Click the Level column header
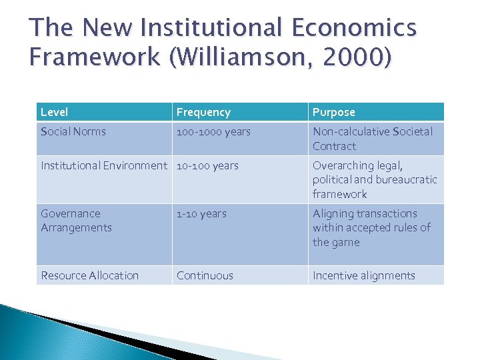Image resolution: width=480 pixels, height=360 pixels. (x=55, y=112)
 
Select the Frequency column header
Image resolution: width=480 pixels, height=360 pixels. (x=203, y=112)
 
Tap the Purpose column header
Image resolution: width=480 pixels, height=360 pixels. (x=334, y=112)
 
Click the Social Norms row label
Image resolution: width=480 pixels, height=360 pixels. (x=73, y=131)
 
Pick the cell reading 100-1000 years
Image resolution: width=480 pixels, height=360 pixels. (x=213, y=131)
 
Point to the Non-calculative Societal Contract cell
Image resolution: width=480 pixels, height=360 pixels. (x=373, y=139)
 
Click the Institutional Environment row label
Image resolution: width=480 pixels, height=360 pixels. (x=104, y=165)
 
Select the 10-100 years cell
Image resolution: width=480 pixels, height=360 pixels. (x=207, y=165)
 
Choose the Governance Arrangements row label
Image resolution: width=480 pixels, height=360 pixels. (x=77, y=221)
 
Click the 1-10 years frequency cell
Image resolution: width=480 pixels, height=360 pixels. (x=201, y=213)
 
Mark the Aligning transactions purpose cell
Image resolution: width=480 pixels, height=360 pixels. (x=371, y=228)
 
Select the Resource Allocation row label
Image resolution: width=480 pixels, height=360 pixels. (x=90, y=275)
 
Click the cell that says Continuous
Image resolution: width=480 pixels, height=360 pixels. (x=205, y=275)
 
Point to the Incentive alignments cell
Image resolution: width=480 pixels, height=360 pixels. (x=364, y=275)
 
